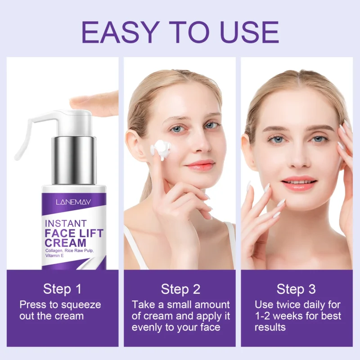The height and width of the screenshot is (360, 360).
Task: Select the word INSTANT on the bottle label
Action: coord(66,223)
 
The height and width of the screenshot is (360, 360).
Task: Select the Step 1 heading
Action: coord(63,288)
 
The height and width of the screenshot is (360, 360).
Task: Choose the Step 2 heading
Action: coord(180,288)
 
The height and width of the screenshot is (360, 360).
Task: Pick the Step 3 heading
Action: coord(296,288)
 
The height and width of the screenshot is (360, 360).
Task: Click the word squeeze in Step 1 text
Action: coord(79,305)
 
